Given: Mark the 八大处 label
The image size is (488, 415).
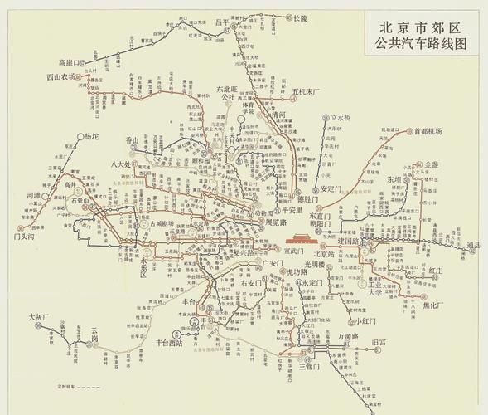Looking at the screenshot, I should pos(122,164).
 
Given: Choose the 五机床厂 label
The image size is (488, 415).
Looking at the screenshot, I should pos(310,90).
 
